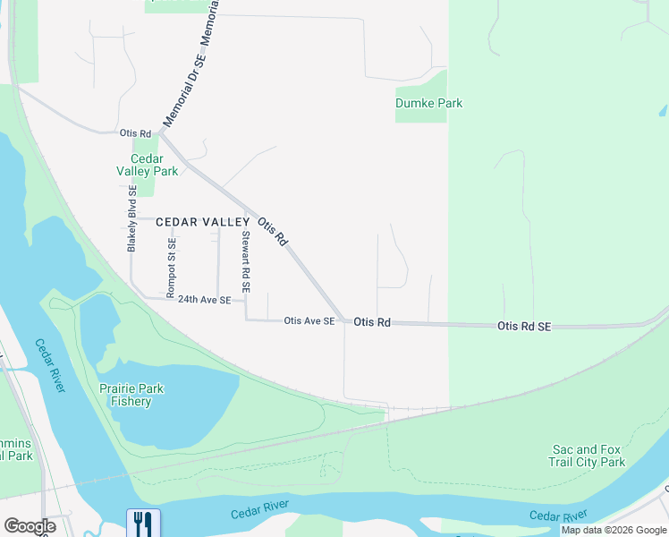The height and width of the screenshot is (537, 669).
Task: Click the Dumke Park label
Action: click(x=429, y=103)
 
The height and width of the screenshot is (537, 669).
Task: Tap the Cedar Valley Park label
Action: click(x=148, y=165)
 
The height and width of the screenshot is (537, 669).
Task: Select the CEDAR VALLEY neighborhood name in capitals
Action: click(x=203, y=222)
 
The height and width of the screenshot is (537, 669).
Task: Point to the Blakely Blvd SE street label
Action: click(x=132, y=218)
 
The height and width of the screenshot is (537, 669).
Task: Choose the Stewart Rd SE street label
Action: click(x=245, y=262)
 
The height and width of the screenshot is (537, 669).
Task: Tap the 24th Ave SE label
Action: click(x=204, y=300)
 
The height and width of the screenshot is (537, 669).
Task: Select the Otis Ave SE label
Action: click(x=309, y=320)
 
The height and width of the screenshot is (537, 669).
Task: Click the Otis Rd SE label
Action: click(x=524, y=328)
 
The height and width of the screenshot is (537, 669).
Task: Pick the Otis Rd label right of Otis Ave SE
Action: click(x=372, y=321)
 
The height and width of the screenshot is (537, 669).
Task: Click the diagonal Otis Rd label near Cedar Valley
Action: click(x=272, y=232)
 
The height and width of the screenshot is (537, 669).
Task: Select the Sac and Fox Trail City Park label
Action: click(x=587, y=456)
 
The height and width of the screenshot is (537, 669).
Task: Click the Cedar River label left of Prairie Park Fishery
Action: click(x=51, y=364)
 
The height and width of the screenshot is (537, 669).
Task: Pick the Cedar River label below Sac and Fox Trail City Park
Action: click(x=558, y=516)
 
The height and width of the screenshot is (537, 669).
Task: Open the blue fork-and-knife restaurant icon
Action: click(x=143, y=523)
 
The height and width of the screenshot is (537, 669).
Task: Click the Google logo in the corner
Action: click(x=30, y=526)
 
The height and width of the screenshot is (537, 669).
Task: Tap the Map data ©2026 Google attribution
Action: click(x=614, y=530)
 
